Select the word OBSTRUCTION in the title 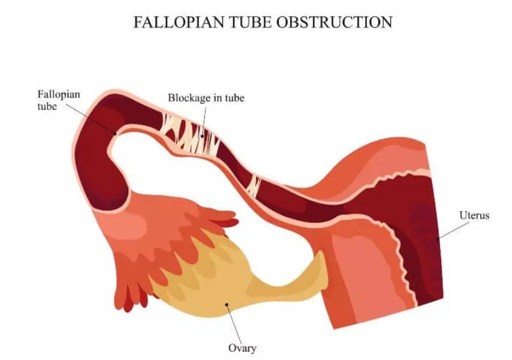336,23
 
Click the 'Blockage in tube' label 206,98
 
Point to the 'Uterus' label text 474,215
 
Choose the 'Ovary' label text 242,348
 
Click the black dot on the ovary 227,304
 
